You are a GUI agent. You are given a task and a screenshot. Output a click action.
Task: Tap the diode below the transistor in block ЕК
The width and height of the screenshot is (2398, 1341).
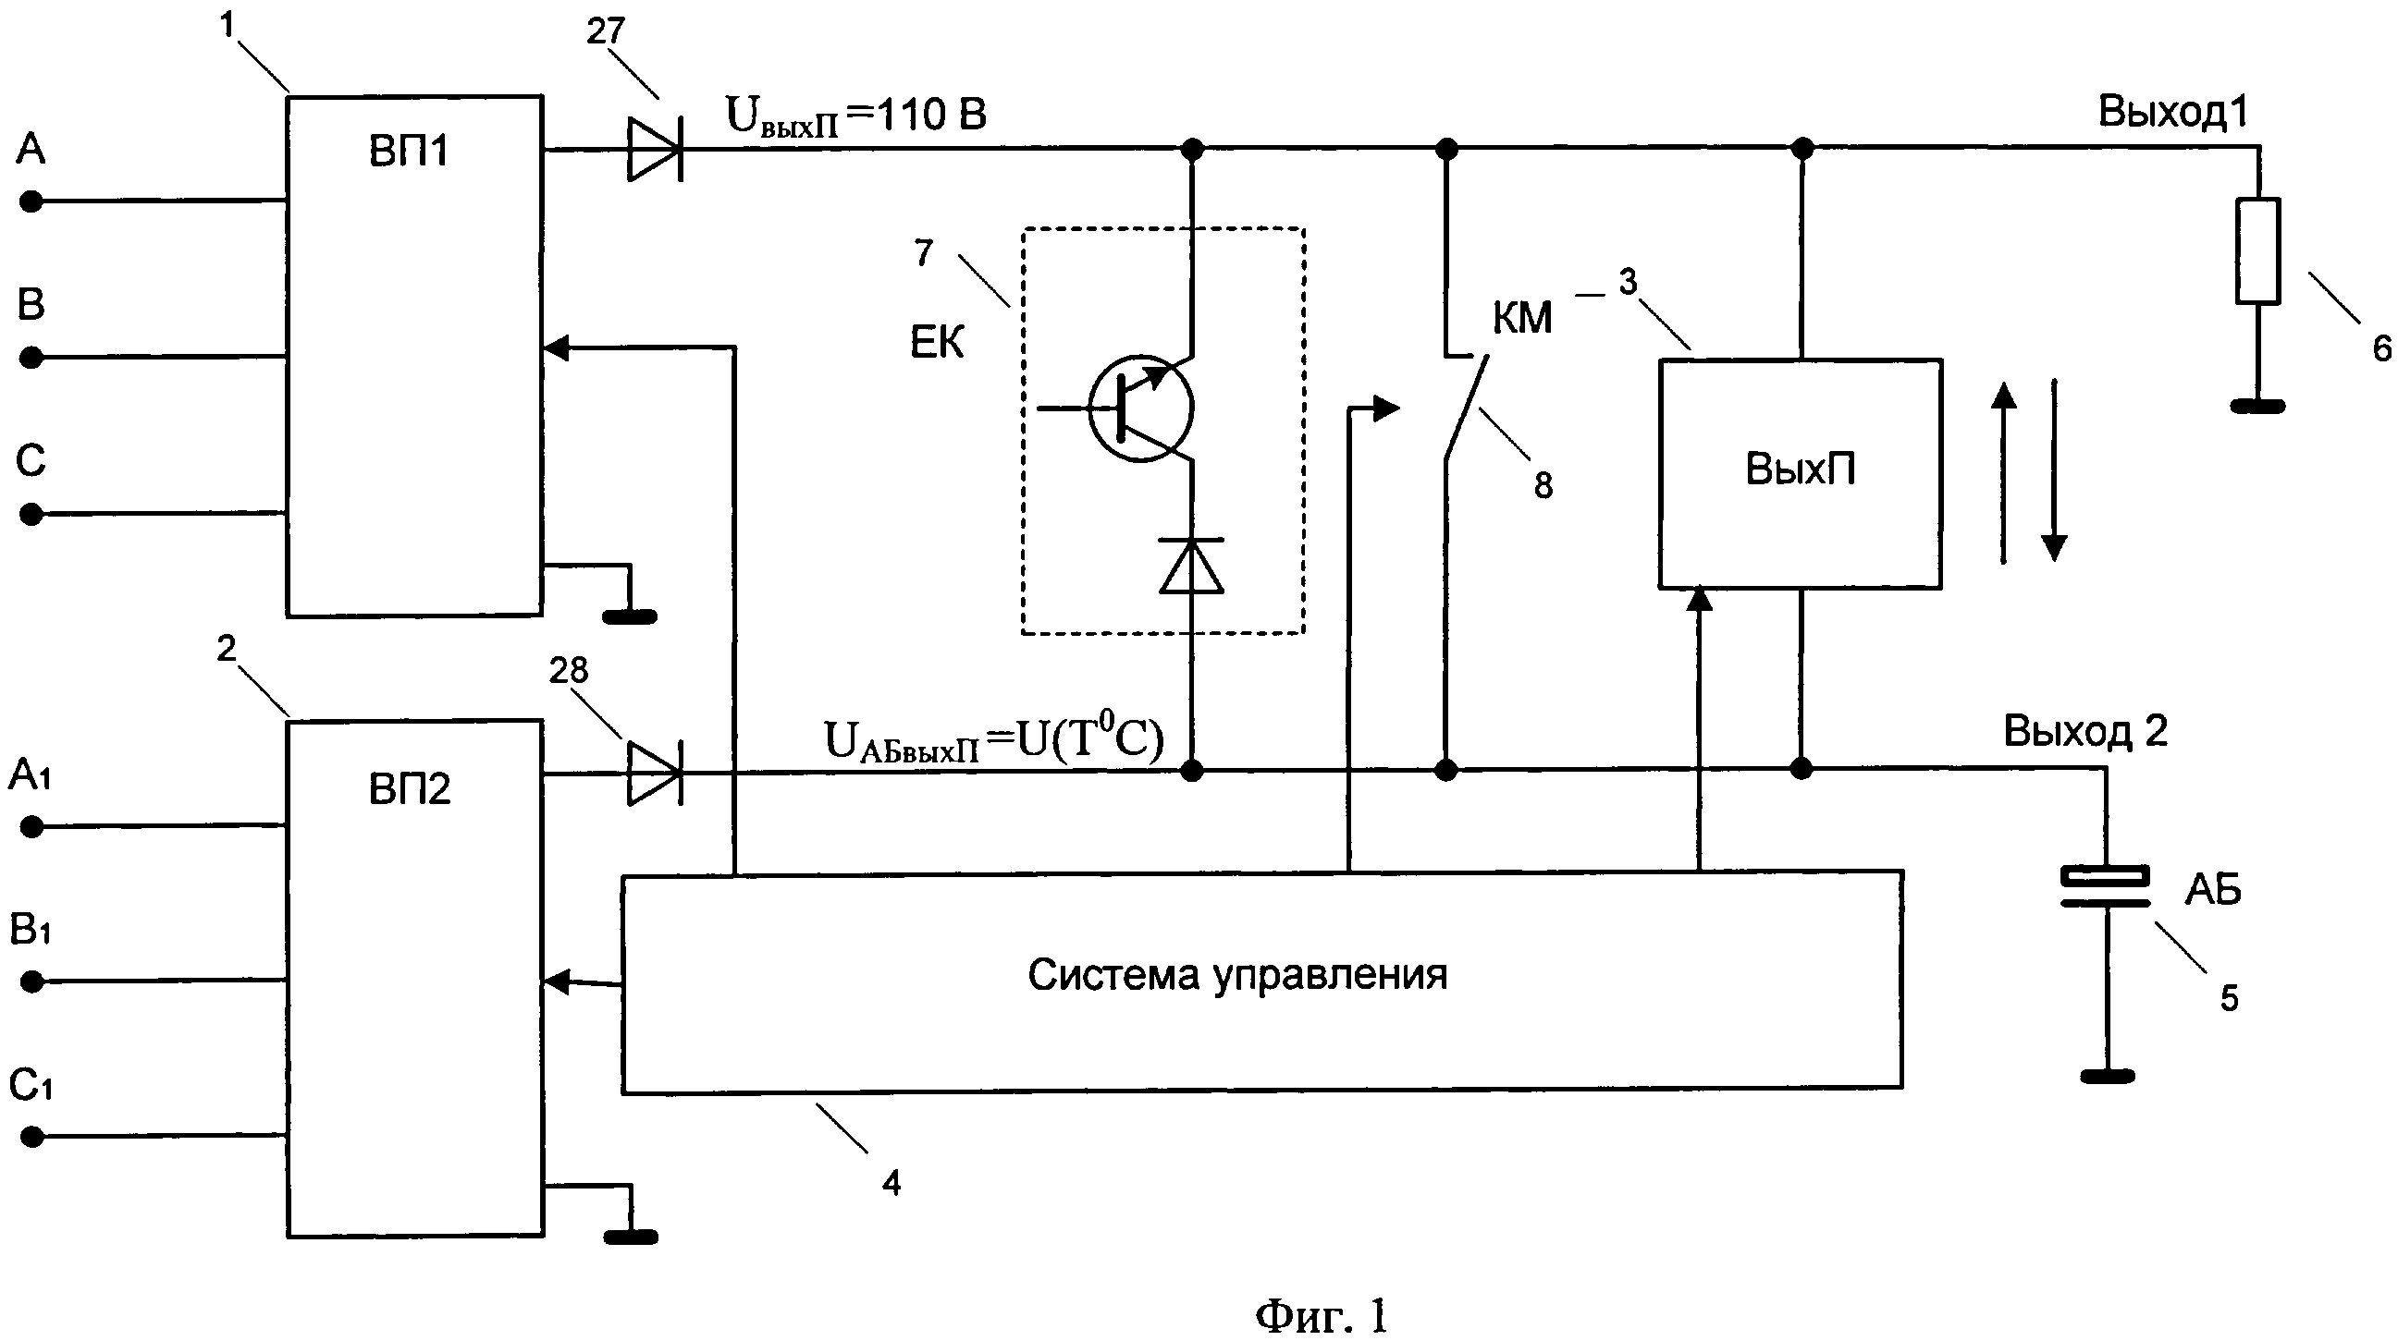(1191, 566)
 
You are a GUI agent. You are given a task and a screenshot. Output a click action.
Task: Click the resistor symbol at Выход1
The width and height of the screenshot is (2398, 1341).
(2257, 250)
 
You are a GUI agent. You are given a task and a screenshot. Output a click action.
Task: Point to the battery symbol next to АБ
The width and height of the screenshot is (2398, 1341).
(2106, 886)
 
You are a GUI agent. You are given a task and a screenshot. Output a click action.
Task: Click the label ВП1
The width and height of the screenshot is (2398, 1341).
(409, 150)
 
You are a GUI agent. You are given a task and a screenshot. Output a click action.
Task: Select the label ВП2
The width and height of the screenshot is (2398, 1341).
(410, 789)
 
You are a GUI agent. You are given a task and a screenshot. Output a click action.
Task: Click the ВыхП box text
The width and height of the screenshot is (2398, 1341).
(1801, 469)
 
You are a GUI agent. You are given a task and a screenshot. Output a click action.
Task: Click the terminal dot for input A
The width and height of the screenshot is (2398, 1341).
(31, 201)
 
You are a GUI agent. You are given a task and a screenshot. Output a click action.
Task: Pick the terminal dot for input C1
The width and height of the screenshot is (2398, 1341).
(31, 1136)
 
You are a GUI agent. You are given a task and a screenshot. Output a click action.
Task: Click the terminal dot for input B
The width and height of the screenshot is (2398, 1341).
(31, 358)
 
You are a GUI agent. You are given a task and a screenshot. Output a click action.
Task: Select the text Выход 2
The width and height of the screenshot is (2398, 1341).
(2085, 731)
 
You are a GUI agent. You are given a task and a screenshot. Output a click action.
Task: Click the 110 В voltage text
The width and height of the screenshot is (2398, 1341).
(931, 115)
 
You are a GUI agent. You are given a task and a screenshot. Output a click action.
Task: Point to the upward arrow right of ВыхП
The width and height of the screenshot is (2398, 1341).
(2003, 473)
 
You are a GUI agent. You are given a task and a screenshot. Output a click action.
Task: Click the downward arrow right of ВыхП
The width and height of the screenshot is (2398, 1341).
(2055, 471)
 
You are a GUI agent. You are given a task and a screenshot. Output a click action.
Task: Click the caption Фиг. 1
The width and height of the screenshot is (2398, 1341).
(1321, 1315)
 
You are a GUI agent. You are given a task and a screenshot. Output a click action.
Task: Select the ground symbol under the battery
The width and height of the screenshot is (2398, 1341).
(2108, 1077)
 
